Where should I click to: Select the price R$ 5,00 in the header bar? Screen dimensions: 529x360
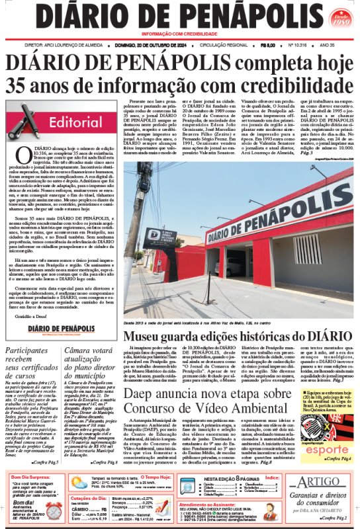pyautogui.click(x=268, y=45)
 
